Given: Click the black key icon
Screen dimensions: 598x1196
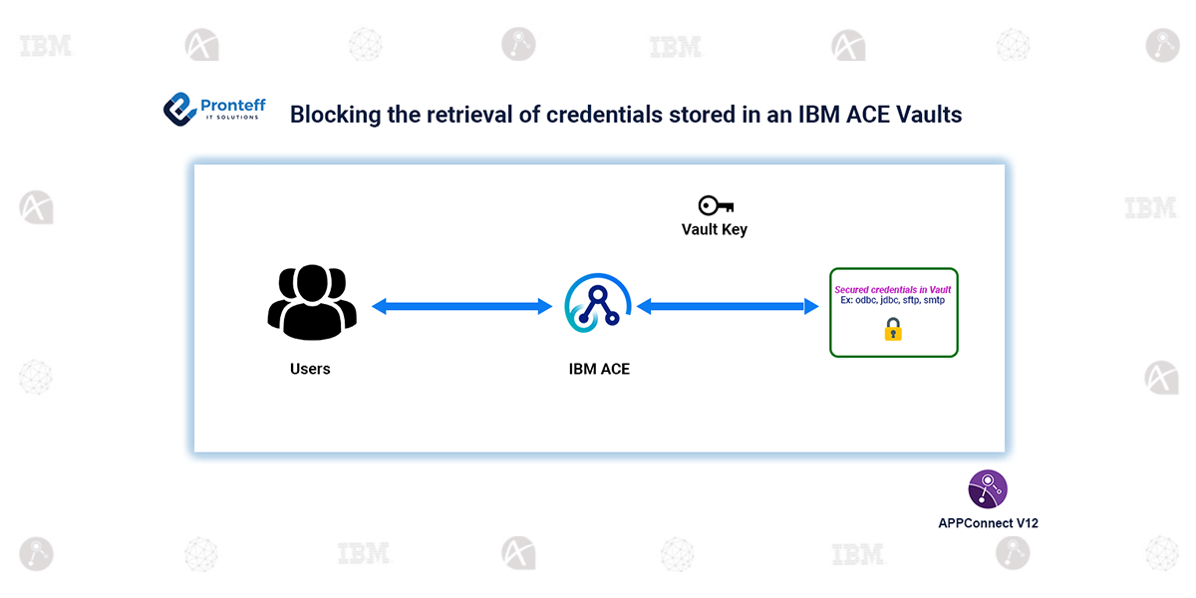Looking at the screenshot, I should click(x=716, y=205).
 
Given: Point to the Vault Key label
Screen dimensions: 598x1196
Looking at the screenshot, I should click(x=714, y=229).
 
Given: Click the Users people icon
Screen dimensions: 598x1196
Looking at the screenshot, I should click(x=311, y=302).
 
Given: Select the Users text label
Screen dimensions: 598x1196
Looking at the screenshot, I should click(x=310, y=369).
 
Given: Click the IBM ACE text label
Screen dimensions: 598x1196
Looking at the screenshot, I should click(x=599, y=369).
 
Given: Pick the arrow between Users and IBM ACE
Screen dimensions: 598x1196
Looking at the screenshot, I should click(x=461, y=307).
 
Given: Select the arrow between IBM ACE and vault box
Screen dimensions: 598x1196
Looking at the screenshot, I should click(x=721, y=307).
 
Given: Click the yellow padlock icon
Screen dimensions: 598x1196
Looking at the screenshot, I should click(x=893, y=329).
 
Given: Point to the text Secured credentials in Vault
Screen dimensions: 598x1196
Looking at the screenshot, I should click(x=893, y=290).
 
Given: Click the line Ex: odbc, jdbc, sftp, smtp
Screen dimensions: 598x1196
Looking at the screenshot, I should click(x=893, y=301).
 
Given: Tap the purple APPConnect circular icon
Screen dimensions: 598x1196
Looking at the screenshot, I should click(x=988, y=489).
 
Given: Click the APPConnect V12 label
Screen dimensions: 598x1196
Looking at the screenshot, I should click(x=988, y=522).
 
